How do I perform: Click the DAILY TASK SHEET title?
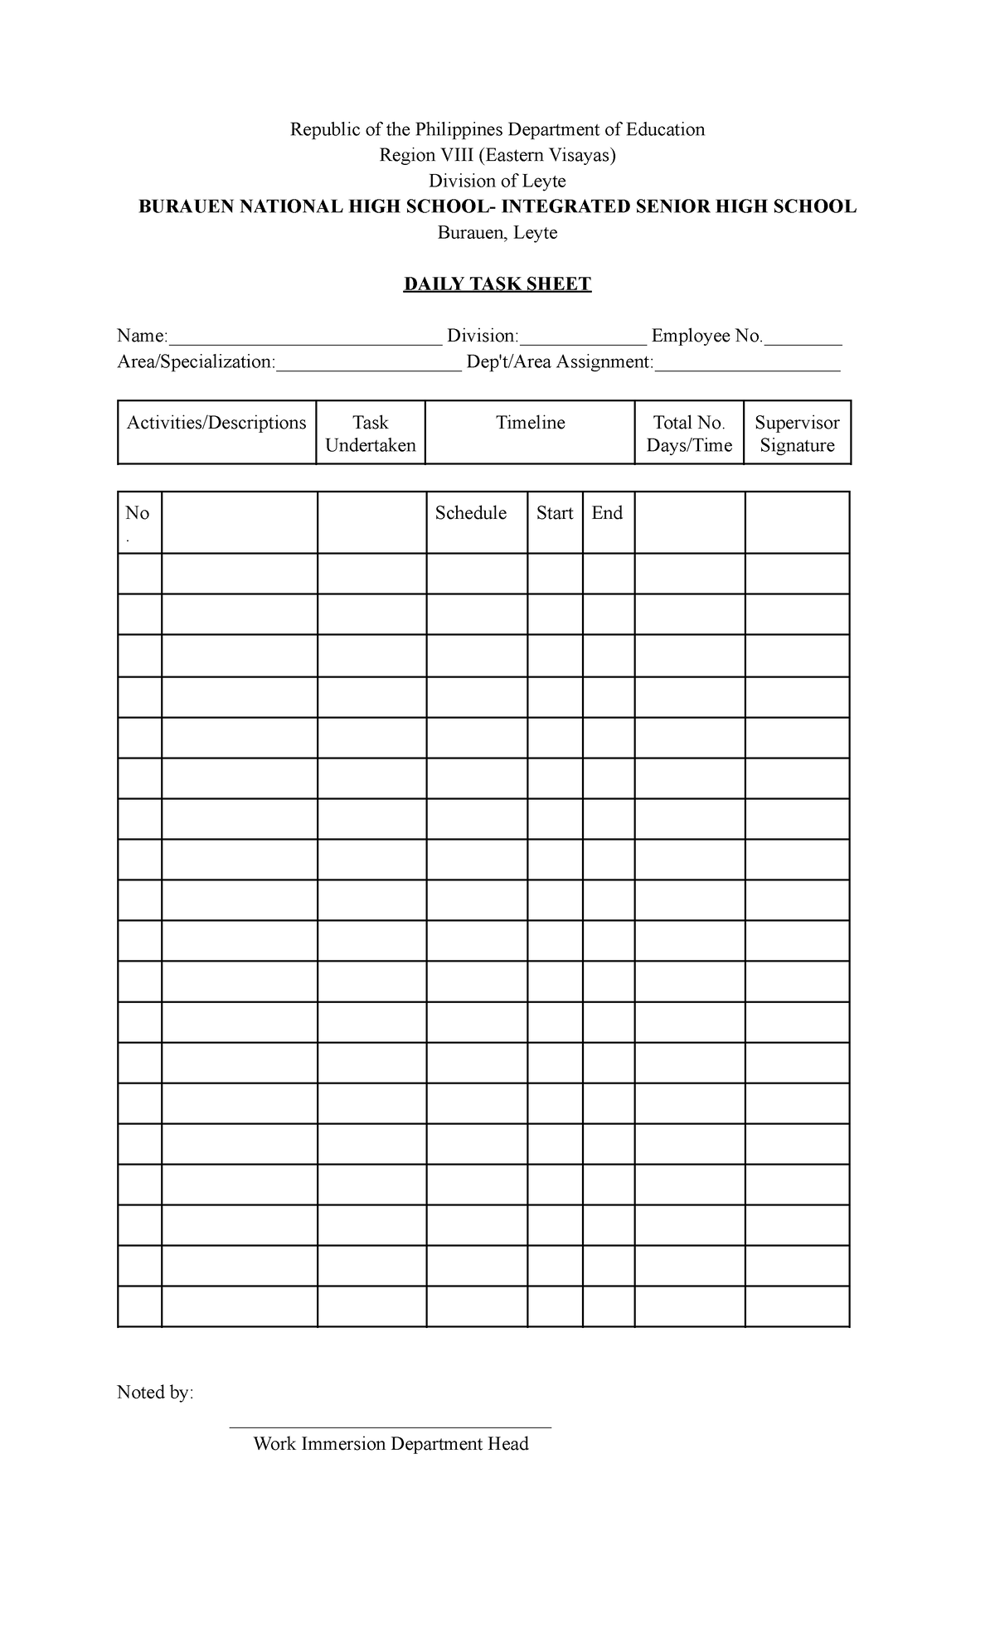(x=497, y=284)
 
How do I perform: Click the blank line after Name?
(x=304, y=339)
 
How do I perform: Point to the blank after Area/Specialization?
(x=368, y=366)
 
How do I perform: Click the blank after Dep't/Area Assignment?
(x=747, y=366)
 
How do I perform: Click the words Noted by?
(x=155, y=1392)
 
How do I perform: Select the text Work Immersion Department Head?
(x=391, y=1444)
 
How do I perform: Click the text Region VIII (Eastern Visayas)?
(x=498, y=155)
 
